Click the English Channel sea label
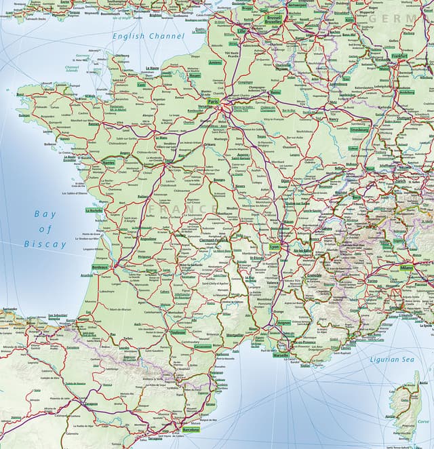[x=148, y=35]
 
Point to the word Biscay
[x=45, y=243]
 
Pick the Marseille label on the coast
[x=280, y=355]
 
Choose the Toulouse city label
[x=178, y=332]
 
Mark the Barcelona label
[x=191, y=430]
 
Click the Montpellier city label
[x=235, y=335]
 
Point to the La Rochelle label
[x=94, y=211]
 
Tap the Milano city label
[x=406, y=267]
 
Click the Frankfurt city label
[x=399, y=56]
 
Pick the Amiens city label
[x=216, y=62]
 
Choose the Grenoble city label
[x=314, y=276]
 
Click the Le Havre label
[x=152, y=68]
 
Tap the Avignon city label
[x=284, y=322]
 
